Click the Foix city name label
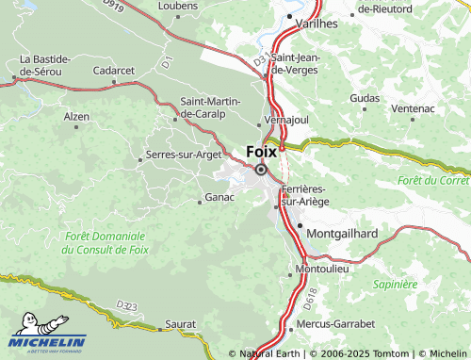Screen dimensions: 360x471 point(261,151)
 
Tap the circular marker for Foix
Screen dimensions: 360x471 point(261,170)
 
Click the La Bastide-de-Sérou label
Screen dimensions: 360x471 point(41,64)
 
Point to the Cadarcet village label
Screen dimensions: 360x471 point(114,71)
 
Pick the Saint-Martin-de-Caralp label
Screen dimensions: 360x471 point(211,107)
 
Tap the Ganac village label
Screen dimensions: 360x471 point(218,199)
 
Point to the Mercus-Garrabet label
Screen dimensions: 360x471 point(335,323)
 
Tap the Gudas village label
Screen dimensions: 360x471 point(364,98)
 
